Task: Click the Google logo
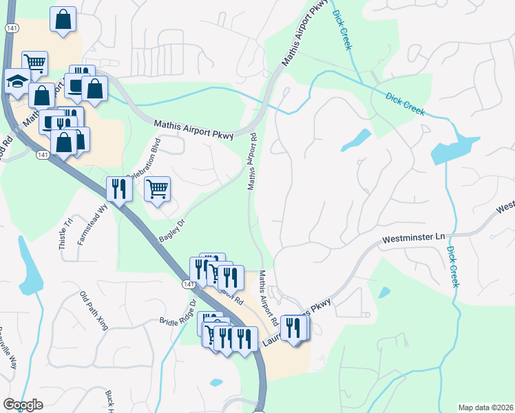[23, 405]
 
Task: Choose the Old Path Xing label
[94, 310]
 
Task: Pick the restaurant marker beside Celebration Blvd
[119, 188]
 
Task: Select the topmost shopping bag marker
[63, 20]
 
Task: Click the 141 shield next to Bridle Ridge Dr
[188, 283]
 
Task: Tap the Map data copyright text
[485, 407]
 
